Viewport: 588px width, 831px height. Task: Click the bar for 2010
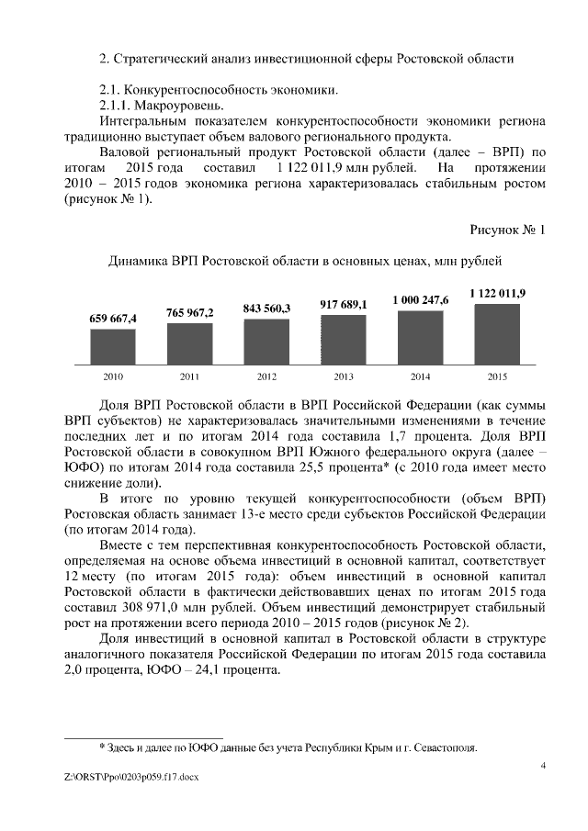pos(113,347)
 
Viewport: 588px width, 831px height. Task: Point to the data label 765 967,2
pos(190,312)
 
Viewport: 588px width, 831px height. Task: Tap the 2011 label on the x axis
pos(190,376)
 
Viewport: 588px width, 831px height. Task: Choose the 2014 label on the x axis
pos(420,376)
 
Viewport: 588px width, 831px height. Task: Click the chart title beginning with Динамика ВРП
pos(305,262)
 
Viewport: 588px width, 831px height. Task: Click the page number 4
pos(543,765)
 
